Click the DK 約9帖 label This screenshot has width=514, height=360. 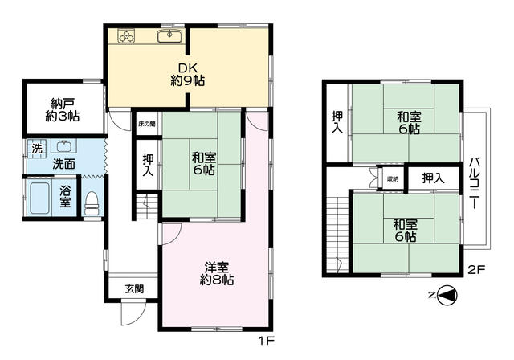coord(188,75)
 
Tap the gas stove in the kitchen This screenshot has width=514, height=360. coord(127,35)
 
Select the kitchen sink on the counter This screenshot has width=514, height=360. coord(169,35)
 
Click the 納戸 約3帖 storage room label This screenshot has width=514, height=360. coord(63,109)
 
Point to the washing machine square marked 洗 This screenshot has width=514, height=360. coord(37,149)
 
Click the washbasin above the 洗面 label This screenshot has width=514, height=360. coord(64,146)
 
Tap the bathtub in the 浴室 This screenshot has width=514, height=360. coord(39,198)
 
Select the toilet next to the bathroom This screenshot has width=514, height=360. coord(92,203)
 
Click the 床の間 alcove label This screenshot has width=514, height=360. coord(146,124)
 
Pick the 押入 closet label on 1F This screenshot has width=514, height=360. coord(148,165)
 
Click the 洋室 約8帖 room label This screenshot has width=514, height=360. coord(216,273)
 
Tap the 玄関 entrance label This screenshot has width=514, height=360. coord(134,288)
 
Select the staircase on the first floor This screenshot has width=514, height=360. coord(146,207)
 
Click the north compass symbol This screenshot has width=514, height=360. coord(447,296)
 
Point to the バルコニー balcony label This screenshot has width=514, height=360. coord(475,183)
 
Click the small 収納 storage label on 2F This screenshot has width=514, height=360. coord(393,178)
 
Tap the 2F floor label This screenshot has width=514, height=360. coord(476,269)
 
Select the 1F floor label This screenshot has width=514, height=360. coord(266,341)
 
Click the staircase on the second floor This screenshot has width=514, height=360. coord(337,235)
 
